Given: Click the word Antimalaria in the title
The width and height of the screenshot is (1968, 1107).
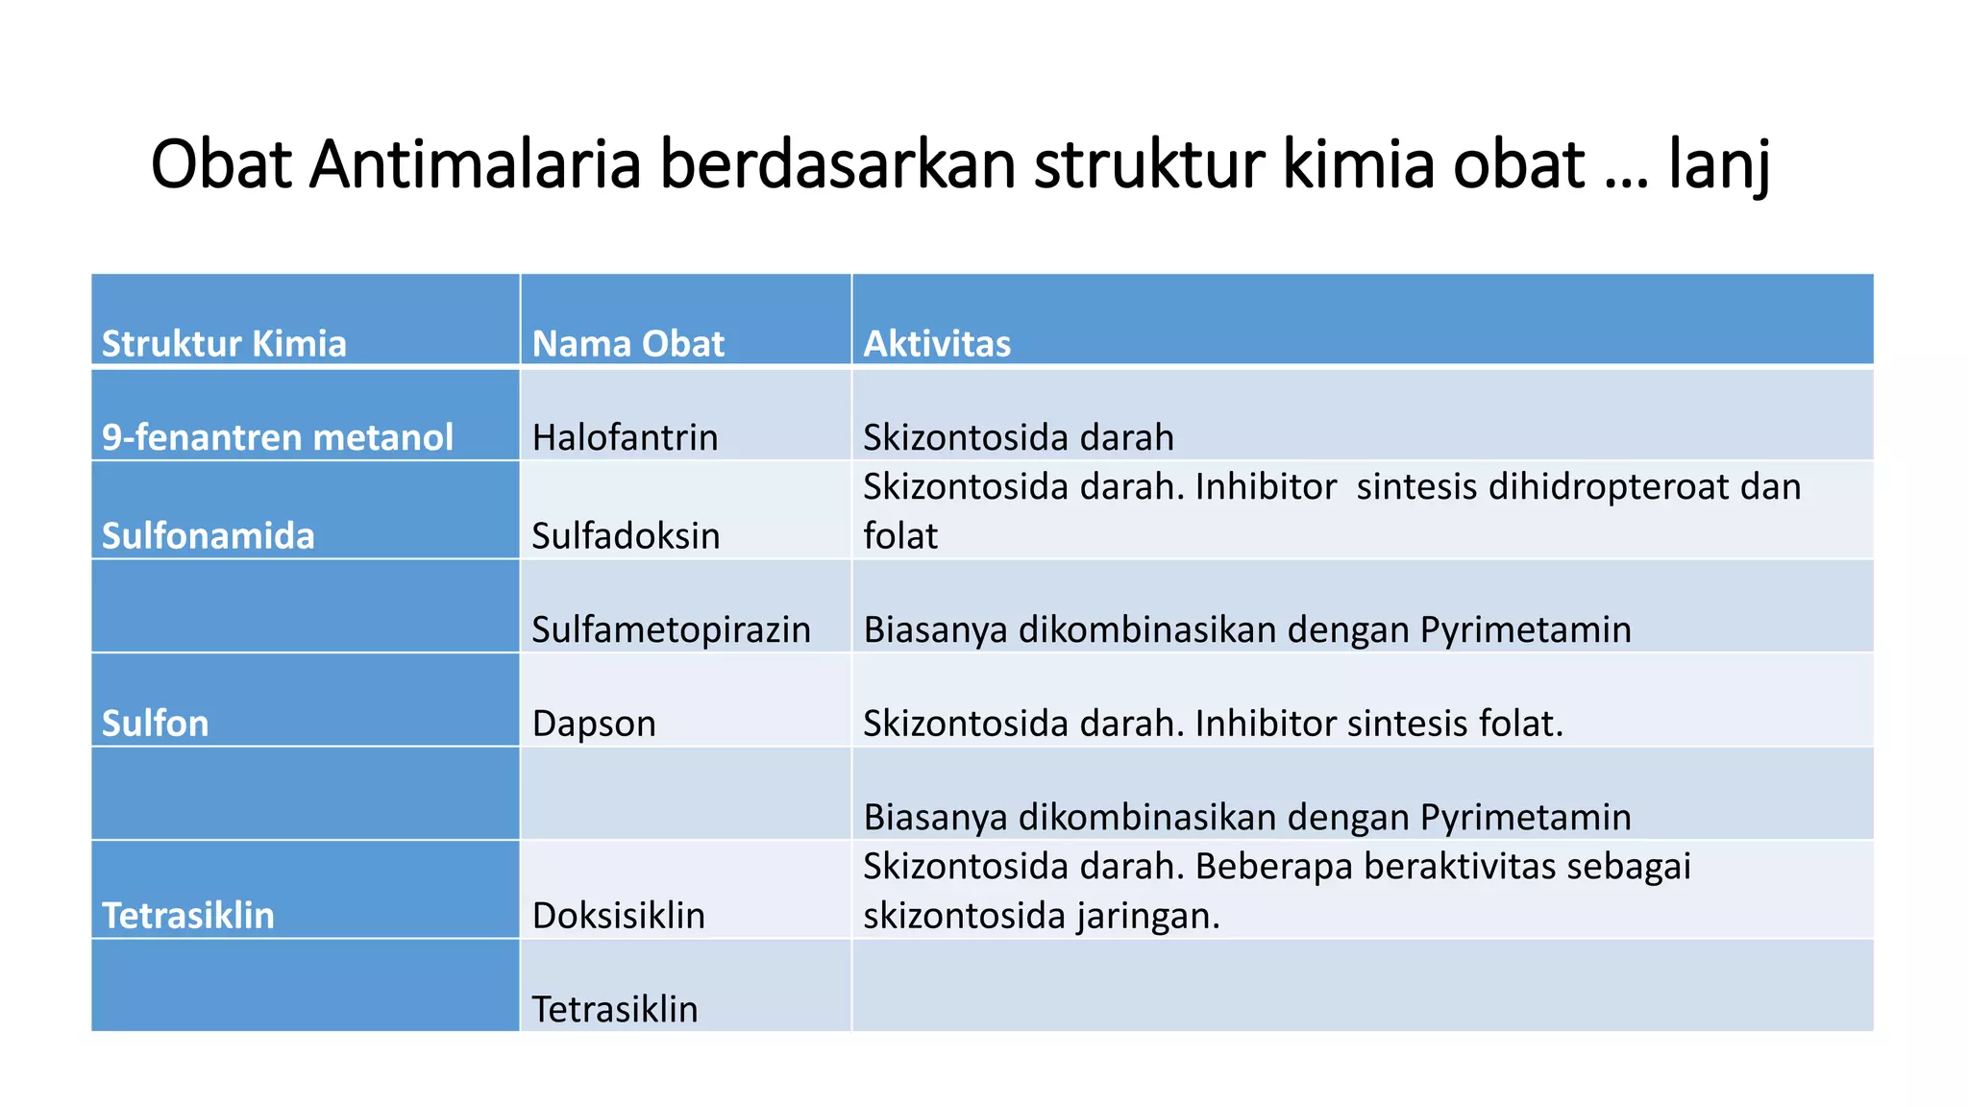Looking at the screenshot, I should pos(475,165).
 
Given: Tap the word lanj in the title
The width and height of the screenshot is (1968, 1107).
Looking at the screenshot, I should pos(1719,165).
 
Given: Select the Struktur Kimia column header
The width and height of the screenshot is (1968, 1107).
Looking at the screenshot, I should pos(224,343).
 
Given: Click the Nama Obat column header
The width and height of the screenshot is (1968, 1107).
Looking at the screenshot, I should pos(627,343).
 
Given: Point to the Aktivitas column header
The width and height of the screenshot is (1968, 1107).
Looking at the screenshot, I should pos(937,343).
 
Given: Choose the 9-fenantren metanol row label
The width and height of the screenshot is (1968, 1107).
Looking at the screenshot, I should pos(277,437).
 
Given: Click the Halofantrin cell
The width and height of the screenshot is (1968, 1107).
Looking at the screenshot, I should pos(625,437).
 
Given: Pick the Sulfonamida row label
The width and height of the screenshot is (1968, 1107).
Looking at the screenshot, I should pos(208,535).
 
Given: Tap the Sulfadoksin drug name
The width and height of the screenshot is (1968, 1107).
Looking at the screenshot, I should pos(626,535).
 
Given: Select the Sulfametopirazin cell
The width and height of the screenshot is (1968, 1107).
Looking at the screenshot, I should pos(671,629).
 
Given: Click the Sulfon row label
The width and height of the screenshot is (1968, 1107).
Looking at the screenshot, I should pos(155,723).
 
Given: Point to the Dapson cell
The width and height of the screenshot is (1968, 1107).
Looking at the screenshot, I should pos(594,723).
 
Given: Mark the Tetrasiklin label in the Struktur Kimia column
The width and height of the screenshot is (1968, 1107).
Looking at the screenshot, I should pos(187,915).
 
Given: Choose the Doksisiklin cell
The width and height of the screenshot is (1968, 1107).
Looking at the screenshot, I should pos(618,915).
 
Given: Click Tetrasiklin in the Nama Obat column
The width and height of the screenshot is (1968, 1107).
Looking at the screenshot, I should pos(614,1009).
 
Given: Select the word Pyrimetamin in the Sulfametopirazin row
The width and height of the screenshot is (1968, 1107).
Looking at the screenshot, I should pos(1526,629).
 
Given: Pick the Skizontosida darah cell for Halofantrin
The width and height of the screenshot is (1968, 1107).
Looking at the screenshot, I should pos(1018,437).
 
